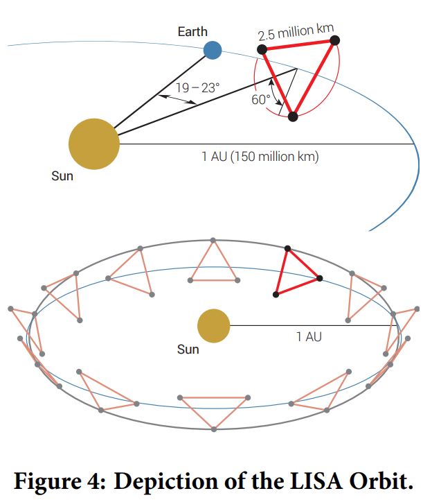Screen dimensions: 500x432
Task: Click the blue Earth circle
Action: (213, 50)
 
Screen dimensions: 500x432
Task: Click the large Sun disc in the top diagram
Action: (94, 144)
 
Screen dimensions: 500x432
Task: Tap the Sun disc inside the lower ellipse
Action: (213, 326)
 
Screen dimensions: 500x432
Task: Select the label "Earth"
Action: (192, 32)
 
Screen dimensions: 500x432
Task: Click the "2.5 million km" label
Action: (296, 33)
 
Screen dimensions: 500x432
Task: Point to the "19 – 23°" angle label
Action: (197, 88)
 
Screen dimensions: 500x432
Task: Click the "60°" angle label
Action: (261, 99)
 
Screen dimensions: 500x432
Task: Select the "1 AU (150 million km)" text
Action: (260, 157)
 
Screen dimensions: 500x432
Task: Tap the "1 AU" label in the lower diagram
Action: (309, 337)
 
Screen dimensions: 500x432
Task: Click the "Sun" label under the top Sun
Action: (62, 176)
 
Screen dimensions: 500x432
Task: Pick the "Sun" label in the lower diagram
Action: (188, 349)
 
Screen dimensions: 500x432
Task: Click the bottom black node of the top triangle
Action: (293, 117)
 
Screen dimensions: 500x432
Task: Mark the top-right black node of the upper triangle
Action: (334, 40)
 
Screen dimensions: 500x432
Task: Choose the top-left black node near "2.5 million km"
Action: (262, 49)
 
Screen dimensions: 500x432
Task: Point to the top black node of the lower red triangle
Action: (287, 248)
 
